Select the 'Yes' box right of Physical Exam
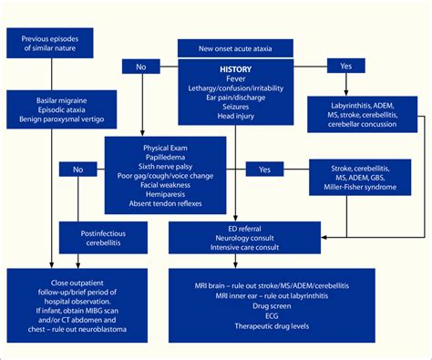265,170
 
